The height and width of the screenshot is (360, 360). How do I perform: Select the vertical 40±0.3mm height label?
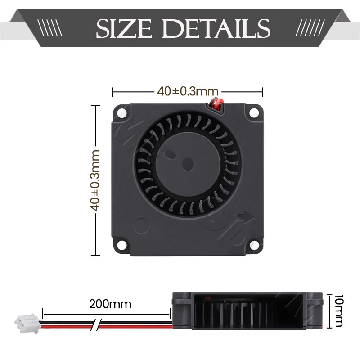[95, 180]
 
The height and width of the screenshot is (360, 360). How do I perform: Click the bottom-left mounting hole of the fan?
[121, 245]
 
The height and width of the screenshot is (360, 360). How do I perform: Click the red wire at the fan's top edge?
[216, 104]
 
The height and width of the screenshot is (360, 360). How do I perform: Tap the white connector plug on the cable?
[23, 322]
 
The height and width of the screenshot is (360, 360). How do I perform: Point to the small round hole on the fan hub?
[185, 162]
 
